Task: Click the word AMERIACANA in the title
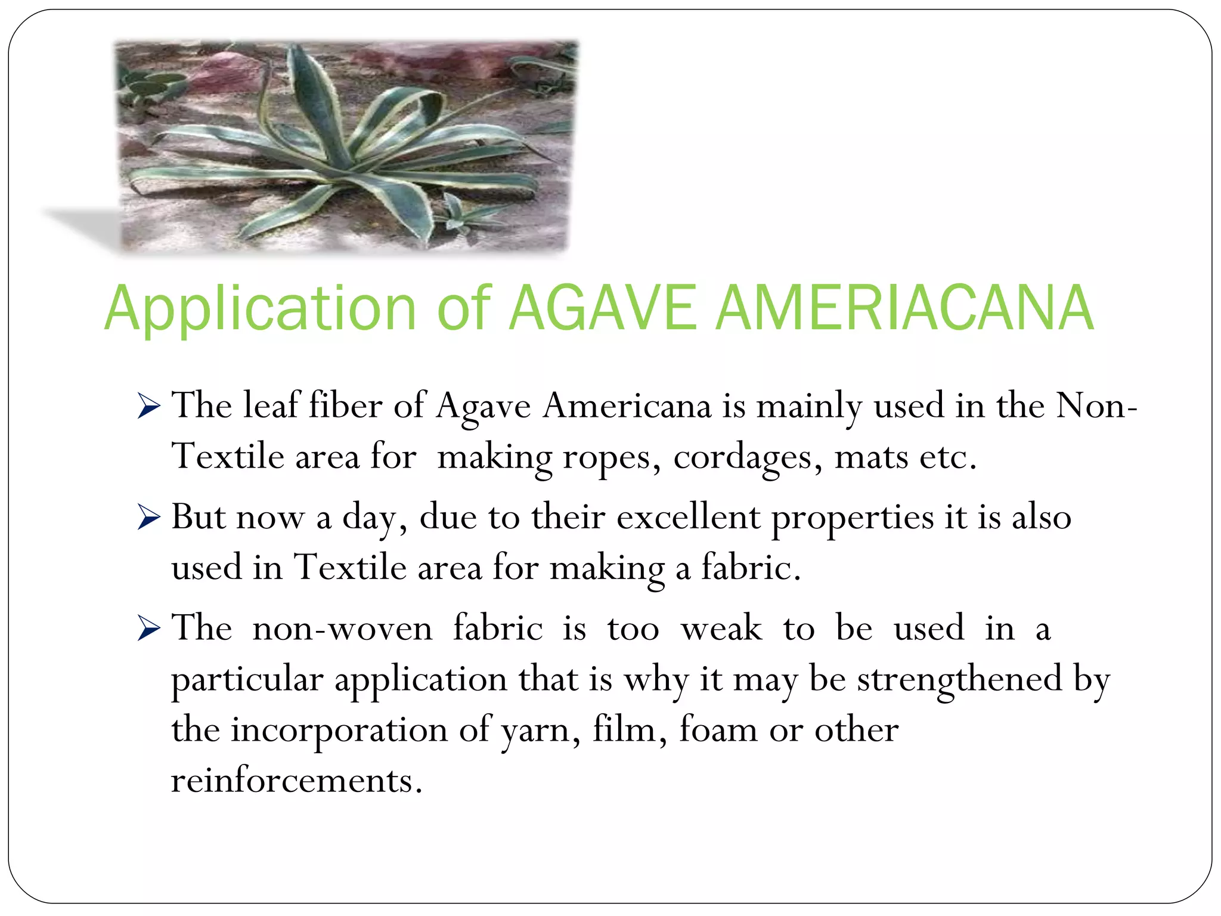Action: (x=904, y=308)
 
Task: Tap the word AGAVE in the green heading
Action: (x=602, y=308)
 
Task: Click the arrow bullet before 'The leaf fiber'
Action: (x=148, y=407)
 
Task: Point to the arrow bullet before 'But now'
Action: (x=148, y=517)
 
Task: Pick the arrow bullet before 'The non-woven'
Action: (x=148, y=629)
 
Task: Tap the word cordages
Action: (x=748, y=458)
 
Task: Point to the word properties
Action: (x=853, y=518)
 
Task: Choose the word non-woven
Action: (x=342, y=629)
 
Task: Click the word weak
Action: (x=721, y=629)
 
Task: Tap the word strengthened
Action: (x=960, y=679)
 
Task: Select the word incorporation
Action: (x=339, y=730)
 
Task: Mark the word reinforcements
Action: (x=296, y=780)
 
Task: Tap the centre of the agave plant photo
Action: (x=346, y=147)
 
